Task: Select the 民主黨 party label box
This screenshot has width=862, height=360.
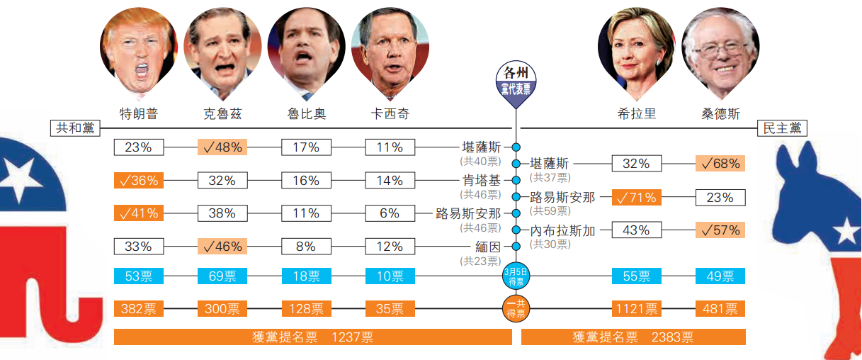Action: [782, 128]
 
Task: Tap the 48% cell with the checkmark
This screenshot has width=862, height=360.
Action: [222, 147]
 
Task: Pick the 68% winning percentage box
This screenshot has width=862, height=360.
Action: [720, 164]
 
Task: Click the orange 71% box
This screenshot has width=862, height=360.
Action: [636, 197]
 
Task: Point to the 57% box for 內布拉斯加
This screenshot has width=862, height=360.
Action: [720, 230]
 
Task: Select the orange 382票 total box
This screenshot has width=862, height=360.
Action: [138, 308]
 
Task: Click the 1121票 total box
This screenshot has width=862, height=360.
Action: [636, 308]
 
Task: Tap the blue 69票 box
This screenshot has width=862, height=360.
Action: [222, 276]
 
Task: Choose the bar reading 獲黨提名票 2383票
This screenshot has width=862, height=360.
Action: [633, 337]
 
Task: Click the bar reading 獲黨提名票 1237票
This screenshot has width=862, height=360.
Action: [312, 337]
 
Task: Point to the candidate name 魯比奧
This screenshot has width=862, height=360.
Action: [307, 113]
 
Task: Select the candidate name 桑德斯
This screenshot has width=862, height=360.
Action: [720, 113]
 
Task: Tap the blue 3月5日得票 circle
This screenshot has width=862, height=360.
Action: [516, 276]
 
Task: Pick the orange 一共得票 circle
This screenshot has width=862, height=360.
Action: [516, 308]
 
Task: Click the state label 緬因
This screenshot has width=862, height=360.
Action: [487, 247]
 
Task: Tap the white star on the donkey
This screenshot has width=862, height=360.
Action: [845, 230]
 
